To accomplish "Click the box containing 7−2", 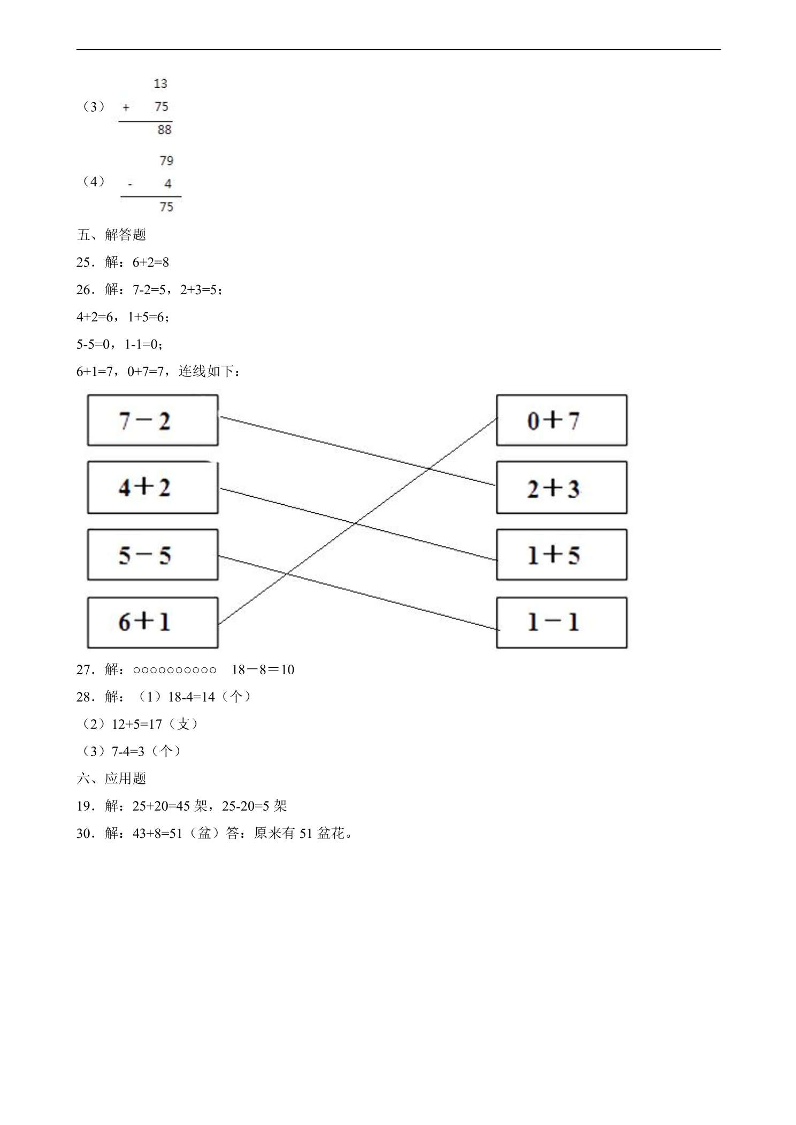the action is pos(153,420).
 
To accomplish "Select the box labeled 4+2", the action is pos(153,488).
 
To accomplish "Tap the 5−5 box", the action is pos(153,554).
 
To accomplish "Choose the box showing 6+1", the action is pos(153,622).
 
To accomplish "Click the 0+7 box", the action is pos(562,420).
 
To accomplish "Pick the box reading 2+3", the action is pos(562,488).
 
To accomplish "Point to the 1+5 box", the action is pos(562,554).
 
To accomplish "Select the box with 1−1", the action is pos(562,622).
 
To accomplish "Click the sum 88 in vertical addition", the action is pos(164,129).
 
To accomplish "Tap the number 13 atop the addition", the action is pos(160,83).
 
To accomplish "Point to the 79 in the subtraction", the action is pos(166,160).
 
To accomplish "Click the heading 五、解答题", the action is pos(111,235).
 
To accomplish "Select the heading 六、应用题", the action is pos(111,779).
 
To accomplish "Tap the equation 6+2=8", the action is pos(151,262).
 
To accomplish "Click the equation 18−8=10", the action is pos(263,669).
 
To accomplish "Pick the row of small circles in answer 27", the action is pos(175,670).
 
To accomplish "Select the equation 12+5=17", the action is pos(137,724).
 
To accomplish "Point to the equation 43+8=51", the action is pos(158,833).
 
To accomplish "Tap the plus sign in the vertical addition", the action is pos(126,107).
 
